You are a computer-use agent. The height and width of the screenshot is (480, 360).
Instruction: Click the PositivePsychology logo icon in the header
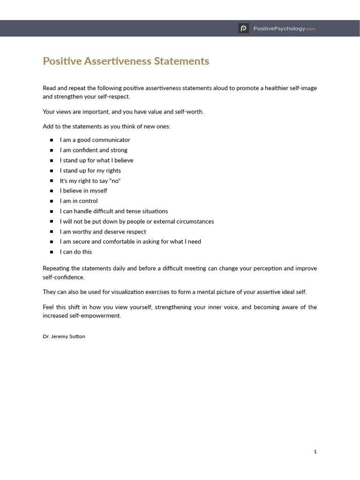(x=243, y=29)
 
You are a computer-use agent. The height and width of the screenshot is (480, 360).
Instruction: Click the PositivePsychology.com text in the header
(x=284, y=29)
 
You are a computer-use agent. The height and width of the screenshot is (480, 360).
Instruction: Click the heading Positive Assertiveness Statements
(x=126, y=61)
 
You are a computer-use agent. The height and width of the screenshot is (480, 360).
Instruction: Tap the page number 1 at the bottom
(x=315, y=451)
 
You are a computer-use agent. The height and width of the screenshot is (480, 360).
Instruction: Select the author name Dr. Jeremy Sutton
(x=64, y=336)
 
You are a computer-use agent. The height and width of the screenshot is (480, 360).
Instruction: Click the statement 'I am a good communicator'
(x=95, y=140)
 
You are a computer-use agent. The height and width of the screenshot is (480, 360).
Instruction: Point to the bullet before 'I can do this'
(x=52, y=252)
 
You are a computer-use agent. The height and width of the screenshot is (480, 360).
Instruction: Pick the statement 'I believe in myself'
(x=83, y=191)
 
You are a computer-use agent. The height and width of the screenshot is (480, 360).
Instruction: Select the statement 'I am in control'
(x=79, y=201)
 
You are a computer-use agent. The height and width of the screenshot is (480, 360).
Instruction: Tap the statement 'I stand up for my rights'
(x=90, y=171)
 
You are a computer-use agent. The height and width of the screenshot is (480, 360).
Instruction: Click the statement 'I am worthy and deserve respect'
(x=103, y=232)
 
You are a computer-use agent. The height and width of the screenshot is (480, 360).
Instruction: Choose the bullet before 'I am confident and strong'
(x=52, y=150)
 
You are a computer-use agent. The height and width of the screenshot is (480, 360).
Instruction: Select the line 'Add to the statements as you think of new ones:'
(x=106, y=127)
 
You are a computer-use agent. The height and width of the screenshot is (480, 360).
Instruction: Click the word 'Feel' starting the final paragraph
(x=48, y=307)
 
